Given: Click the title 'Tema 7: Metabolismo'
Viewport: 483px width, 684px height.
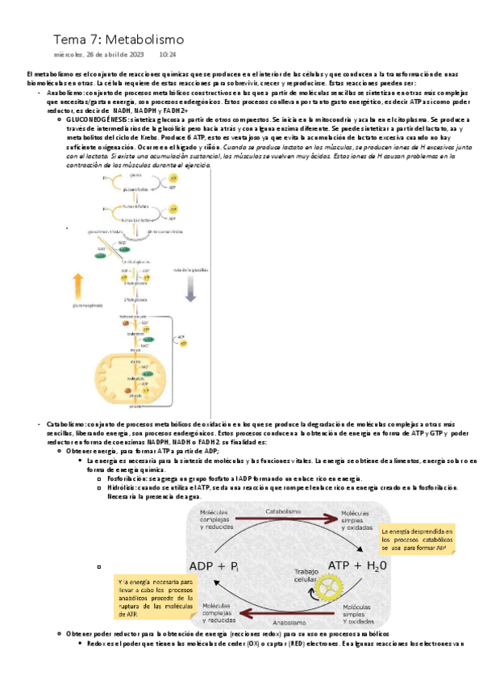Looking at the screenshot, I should [119, 39].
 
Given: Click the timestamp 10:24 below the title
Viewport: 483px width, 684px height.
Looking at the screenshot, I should [169, 55].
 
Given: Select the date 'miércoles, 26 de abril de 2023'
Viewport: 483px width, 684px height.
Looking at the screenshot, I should [98, 55].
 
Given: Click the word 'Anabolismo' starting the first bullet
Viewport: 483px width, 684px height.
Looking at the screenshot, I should [66, 94].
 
